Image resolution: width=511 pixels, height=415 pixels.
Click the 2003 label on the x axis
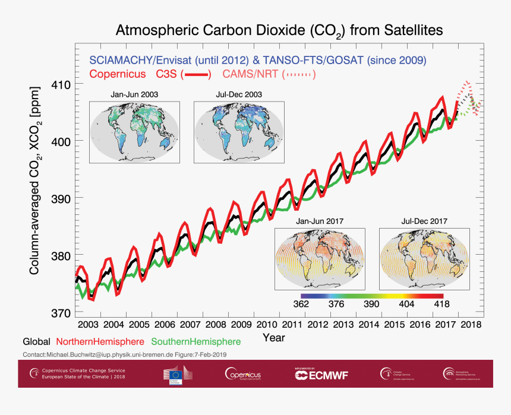88,325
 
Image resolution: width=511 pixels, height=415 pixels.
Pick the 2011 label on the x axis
292,325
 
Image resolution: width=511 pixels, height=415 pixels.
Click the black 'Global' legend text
37,342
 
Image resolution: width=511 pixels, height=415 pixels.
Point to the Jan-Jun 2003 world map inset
135,131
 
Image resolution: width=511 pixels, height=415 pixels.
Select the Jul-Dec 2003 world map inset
239,131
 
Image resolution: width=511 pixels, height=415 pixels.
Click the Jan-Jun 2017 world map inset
320,259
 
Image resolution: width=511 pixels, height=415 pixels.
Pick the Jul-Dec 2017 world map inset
424,259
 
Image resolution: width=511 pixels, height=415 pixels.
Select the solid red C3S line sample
195,75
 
